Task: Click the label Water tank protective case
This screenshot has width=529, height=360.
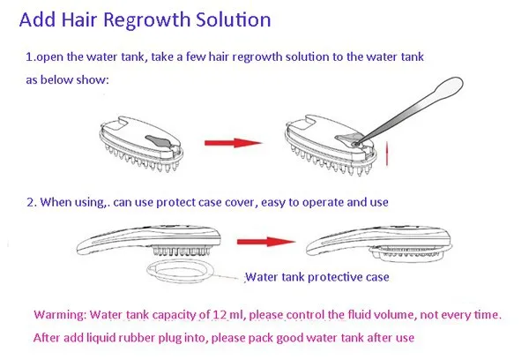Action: pyautogui.click(x=318, y=276)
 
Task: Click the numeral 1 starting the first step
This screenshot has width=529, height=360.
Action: pyautogui.click(x=28, y=56)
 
